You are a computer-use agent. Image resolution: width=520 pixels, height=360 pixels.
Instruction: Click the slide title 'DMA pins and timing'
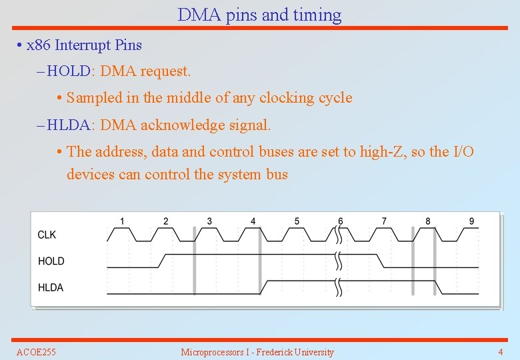259,15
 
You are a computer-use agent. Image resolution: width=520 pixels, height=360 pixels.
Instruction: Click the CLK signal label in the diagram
47,235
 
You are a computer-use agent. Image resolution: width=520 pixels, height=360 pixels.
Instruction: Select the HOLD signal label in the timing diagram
51,261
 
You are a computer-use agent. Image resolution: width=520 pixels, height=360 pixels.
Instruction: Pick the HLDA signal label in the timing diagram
51,288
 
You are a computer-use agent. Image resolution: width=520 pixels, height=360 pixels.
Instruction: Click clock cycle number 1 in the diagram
122,221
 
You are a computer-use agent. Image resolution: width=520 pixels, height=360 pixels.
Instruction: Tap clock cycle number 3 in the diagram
209,221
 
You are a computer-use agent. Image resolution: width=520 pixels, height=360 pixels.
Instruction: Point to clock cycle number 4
253,221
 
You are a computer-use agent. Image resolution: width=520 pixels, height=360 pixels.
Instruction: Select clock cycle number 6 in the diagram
341,221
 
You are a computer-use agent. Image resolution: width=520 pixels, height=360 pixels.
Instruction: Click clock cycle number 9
471,221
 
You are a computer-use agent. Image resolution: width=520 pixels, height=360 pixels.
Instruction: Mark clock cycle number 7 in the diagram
384,221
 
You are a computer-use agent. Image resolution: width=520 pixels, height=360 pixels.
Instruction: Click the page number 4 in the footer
501,352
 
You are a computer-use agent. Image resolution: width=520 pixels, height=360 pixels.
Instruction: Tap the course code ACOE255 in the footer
36,352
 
